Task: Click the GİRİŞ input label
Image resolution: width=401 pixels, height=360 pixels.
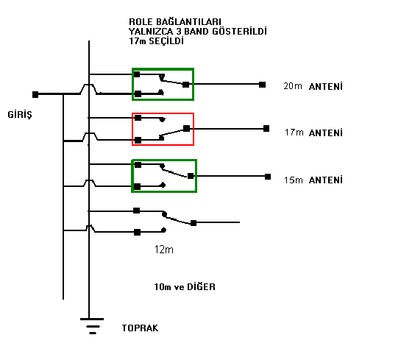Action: (20, 115)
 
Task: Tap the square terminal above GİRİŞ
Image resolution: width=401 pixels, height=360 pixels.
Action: (35, 94)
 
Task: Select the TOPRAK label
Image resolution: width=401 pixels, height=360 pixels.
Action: (140, 328)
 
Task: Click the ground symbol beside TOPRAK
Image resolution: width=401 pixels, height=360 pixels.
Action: (92, 326)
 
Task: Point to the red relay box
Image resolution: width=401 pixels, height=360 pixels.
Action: (163, 113)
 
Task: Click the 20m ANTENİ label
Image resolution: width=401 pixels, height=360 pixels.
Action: (313, 86)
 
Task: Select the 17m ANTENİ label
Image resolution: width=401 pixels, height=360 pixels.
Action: (313, 133)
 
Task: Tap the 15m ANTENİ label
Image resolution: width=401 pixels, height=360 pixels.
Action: (313, 180)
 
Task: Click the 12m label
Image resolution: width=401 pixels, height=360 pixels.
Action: (163, 250)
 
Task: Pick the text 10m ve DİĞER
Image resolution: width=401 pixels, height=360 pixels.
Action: (185, 287)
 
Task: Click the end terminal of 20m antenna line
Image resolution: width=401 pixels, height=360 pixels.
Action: (262, 85)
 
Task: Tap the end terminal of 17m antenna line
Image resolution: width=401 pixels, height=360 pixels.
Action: (266, 128)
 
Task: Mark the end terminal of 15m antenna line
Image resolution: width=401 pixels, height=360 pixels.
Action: (268, 177)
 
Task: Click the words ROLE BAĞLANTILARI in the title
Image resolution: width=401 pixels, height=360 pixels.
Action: (175, 21)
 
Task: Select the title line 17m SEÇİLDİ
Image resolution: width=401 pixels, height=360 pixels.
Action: (156, 41)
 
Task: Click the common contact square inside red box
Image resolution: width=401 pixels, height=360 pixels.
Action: (186, 128)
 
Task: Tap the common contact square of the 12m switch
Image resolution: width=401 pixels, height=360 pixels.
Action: (194, 223)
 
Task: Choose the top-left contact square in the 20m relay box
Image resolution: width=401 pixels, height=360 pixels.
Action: (137, 74)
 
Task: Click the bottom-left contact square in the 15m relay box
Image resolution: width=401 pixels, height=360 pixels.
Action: (138, 186)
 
